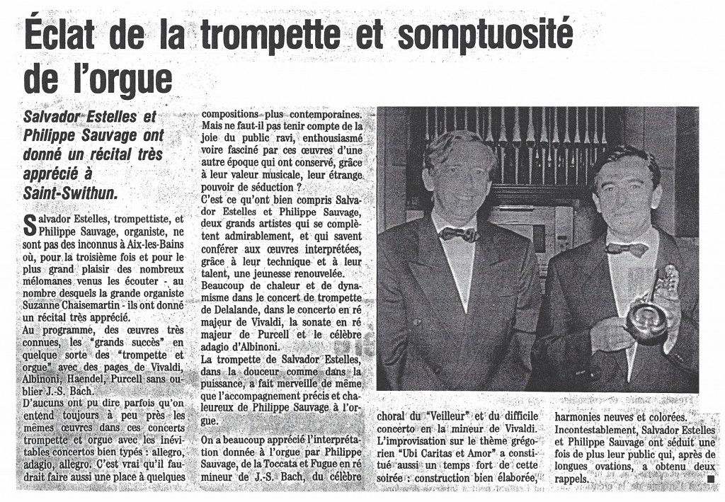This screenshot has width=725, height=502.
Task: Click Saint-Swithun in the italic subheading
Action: [69, 191]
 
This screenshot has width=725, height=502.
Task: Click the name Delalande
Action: [230, 290]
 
